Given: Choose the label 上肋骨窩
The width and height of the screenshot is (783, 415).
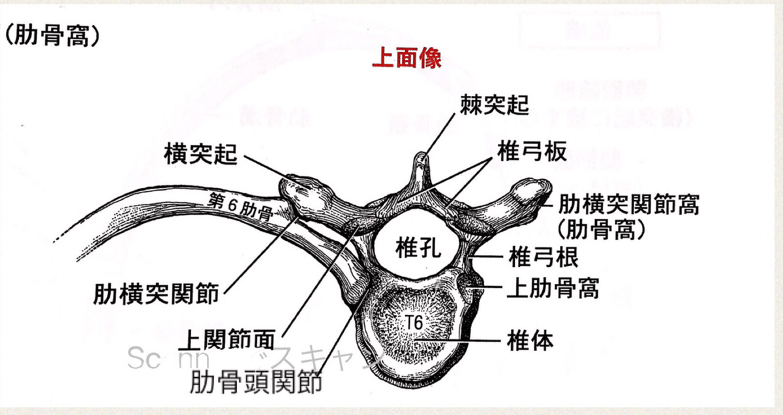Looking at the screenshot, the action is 553,287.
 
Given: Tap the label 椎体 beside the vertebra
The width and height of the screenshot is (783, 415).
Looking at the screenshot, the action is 530,340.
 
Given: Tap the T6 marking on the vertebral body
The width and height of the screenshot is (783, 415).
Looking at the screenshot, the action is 413,321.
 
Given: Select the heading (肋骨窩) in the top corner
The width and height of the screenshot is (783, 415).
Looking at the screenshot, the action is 53,35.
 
